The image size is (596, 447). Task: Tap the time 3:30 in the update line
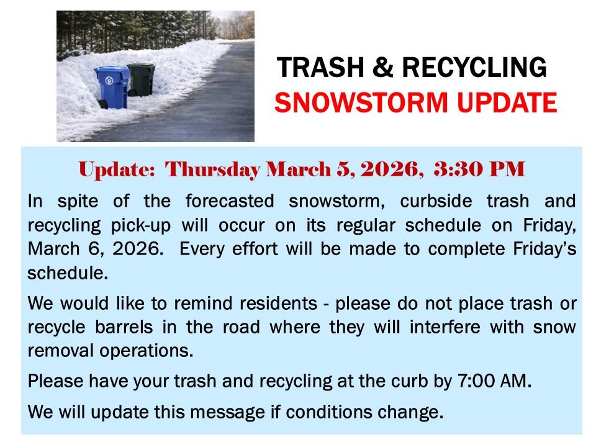tap(454, 169)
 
